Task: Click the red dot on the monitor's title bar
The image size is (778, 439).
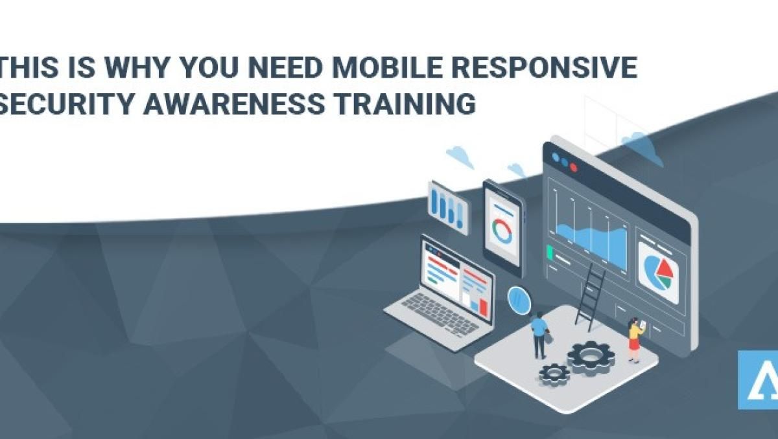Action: pyautogui.click(x=573, y=167)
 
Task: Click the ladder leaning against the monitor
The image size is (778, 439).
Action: pyautogui.click(x=591, y=297)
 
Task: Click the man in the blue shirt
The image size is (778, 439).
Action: pyautogui.click(x=539, y=333)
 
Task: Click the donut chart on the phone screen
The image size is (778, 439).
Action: pyautogui.click(x=502, y=231)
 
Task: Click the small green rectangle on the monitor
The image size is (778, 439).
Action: pyautogui.click(x=550, y=251)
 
